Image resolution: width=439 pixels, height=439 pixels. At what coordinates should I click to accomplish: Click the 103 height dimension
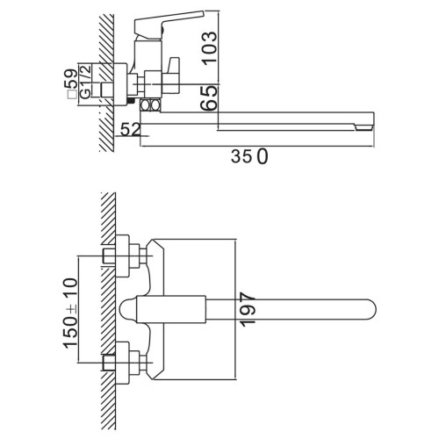209,48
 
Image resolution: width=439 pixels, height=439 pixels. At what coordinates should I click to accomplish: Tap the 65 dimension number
210,98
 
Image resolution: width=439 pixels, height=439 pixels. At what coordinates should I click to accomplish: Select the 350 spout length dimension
249,156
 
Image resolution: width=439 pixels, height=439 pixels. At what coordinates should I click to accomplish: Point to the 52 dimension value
131,130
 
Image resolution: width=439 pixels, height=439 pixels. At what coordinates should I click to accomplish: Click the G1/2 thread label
86,82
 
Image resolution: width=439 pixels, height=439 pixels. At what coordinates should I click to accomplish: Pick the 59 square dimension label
72,79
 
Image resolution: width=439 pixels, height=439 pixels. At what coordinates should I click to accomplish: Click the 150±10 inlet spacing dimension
70,313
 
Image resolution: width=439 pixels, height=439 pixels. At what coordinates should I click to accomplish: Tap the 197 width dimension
248,312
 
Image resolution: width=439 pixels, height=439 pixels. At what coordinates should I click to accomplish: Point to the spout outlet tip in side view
363,126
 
